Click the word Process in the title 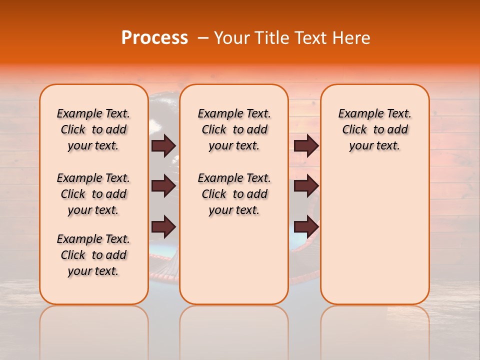tap(154, 38)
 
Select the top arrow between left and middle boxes tap(163, 145)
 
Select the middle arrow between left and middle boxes tap(163, 186)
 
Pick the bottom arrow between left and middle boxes tap(163, 226)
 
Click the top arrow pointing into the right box tap(306, 145)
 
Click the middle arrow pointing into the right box tap(306, 186)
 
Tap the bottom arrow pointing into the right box tap(306, 226)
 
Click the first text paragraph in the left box tap(93, 129)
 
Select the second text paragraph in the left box tap(93, 194)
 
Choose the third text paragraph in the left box tap(93, 255)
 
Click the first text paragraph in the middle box tap(234, 129)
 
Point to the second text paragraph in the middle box tap(234, 194)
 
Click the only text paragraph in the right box tap(375, 129)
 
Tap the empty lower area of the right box tap(375, 240)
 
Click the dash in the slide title tap(202, 38)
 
